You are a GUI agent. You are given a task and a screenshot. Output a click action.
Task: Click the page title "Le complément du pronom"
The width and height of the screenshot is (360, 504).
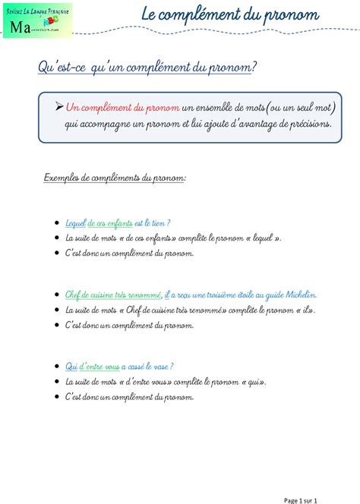[230, 15]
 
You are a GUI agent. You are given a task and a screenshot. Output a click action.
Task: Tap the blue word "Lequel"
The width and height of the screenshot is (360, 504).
[76, 223]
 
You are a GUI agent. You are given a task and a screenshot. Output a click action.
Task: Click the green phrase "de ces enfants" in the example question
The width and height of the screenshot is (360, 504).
[110, 223]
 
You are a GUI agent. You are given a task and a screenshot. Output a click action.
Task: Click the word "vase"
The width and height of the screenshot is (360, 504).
[159, 366]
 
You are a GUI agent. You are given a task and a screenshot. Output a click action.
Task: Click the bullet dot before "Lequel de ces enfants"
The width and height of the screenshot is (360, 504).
[58, 224]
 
